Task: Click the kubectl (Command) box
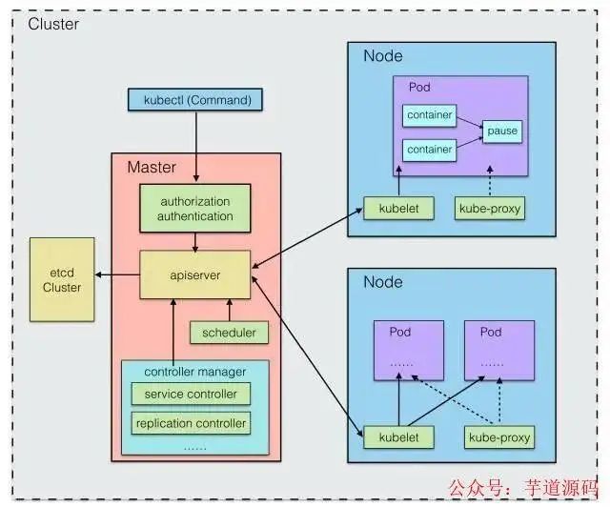click(195, 99)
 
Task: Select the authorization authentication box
click(196, 209)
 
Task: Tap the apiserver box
click(196, 274)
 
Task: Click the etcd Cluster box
click(62, 278)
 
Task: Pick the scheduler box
click(229, 333)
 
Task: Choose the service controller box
click(191, 395)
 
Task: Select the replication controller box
click(191, 422)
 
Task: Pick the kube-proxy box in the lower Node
click(498, 437)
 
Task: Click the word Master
click(152, 168)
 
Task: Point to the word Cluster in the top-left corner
click(53, 24)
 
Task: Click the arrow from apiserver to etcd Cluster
click(117, 275)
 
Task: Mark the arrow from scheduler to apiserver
click(229, 310)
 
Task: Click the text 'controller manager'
click(194, 371)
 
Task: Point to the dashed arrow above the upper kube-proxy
click(490, 184)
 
